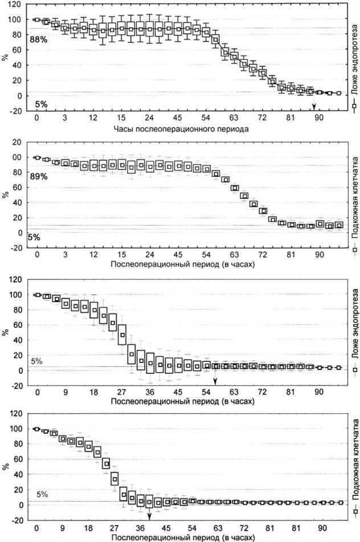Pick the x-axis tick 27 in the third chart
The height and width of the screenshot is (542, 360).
point(121,393)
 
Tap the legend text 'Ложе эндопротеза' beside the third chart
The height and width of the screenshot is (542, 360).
point(354,329)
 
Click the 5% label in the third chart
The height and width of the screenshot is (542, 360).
point(36,361)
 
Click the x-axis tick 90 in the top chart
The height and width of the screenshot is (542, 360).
point(320,118)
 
